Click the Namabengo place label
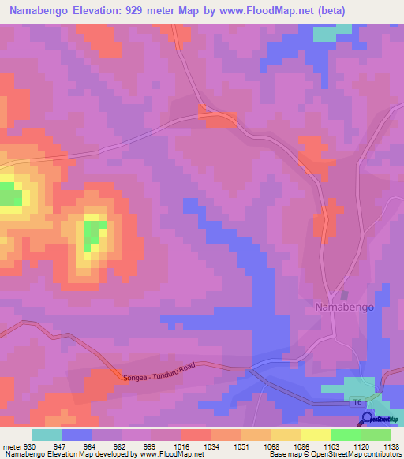coord(341,306)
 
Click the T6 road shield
coord(357,402)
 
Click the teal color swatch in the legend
coord(47,435)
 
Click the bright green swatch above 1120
coord(346,435)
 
